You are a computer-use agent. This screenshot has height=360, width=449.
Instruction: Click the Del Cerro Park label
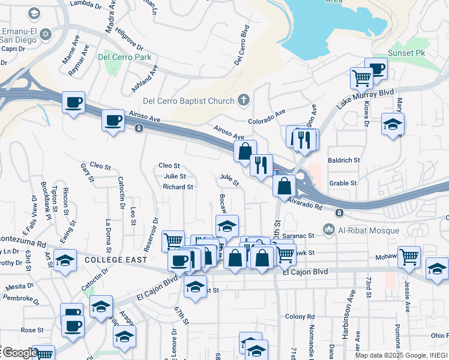pyautogui.click(x=125, y=58)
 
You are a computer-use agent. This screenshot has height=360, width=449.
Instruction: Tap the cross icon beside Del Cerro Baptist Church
pyautogui.click(x=244, y=100)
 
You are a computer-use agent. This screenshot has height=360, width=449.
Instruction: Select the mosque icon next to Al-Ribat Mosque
pyautogui.click(x=328, y=229)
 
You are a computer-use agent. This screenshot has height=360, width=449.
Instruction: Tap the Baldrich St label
pyautogui.click(x=343, y=160)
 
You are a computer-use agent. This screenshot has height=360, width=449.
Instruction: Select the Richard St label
pyautogui.click(x=178, y=187)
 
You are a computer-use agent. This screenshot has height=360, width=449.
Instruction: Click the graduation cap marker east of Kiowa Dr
pyautogui.click(x=393, y=124)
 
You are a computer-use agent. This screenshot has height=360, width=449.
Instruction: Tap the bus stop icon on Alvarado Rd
pyautogui.click(x=340, y=212)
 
